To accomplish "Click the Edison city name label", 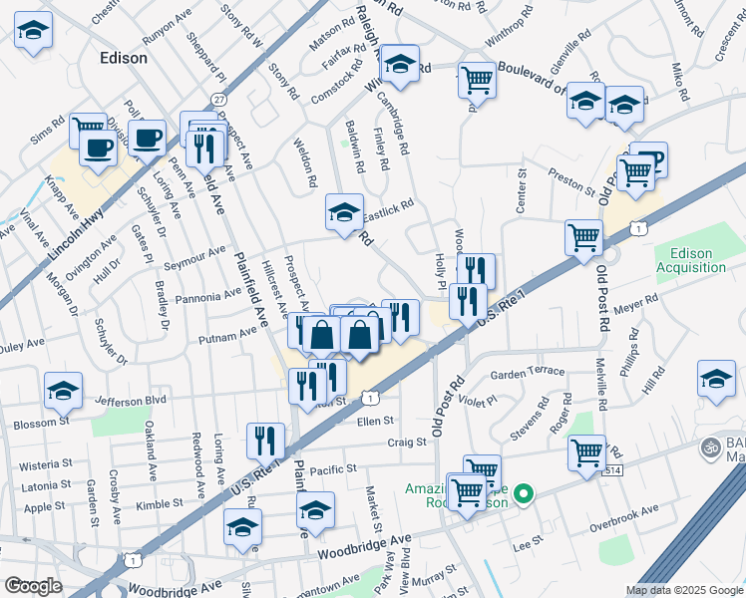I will (124, 58).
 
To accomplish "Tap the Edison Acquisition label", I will (691, 260).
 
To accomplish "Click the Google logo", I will (33, 585).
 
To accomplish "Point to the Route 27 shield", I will (218, 100).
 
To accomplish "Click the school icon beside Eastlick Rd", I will (344, 212).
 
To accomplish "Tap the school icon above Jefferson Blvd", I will (63, 391).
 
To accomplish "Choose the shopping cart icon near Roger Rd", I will (586, 450).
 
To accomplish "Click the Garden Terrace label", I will (527, 373).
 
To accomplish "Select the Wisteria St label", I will (45, 463).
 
